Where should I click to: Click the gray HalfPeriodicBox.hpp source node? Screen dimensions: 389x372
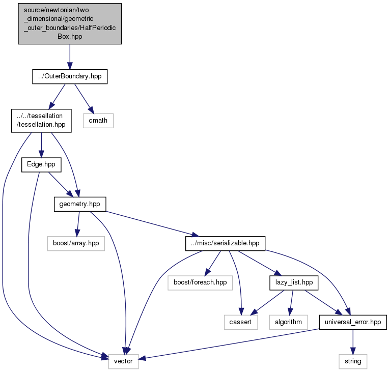coord(70,24)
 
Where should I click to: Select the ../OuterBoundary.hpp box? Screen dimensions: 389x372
coord(70,76)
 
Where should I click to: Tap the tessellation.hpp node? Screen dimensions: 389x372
coord(41,121)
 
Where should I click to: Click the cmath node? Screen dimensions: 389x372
coord(98,121)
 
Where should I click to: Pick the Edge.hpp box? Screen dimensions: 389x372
coord(41,165)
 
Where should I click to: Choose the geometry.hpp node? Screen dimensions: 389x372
coord(80,204)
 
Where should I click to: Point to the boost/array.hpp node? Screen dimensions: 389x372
coord(76,243)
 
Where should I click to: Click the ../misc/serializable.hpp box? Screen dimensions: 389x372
coord(225,243)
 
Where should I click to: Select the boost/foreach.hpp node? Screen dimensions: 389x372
coord(200,283)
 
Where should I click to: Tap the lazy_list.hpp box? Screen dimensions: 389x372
coord(294,283)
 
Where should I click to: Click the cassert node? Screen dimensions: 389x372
coord(241,322)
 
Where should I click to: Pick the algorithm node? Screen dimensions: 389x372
coord(288,322)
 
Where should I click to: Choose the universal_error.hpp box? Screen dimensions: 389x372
coord(353,322)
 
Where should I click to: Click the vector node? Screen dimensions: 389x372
coord(123,361)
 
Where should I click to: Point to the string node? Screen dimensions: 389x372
coord(353,361)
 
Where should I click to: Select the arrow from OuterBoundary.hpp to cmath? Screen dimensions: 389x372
coord(84,99)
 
